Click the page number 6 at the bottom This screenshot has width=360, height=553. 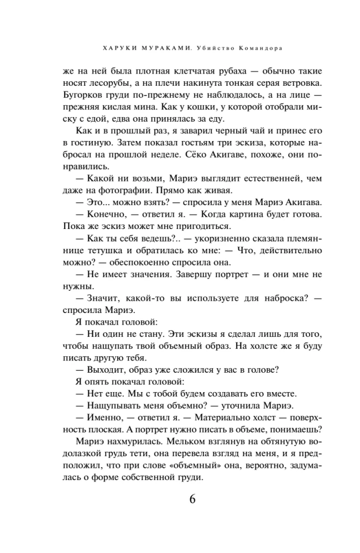pyautogui.click(x=192, y=499)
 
